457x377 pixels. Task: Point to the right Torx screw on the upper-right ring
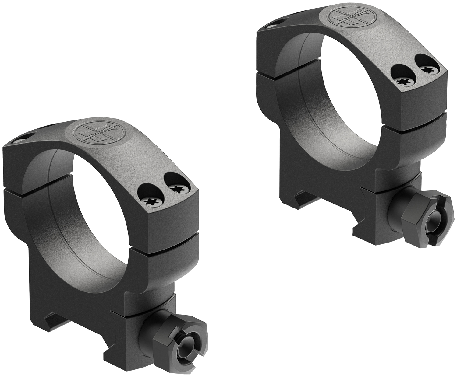pos(430,69)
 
